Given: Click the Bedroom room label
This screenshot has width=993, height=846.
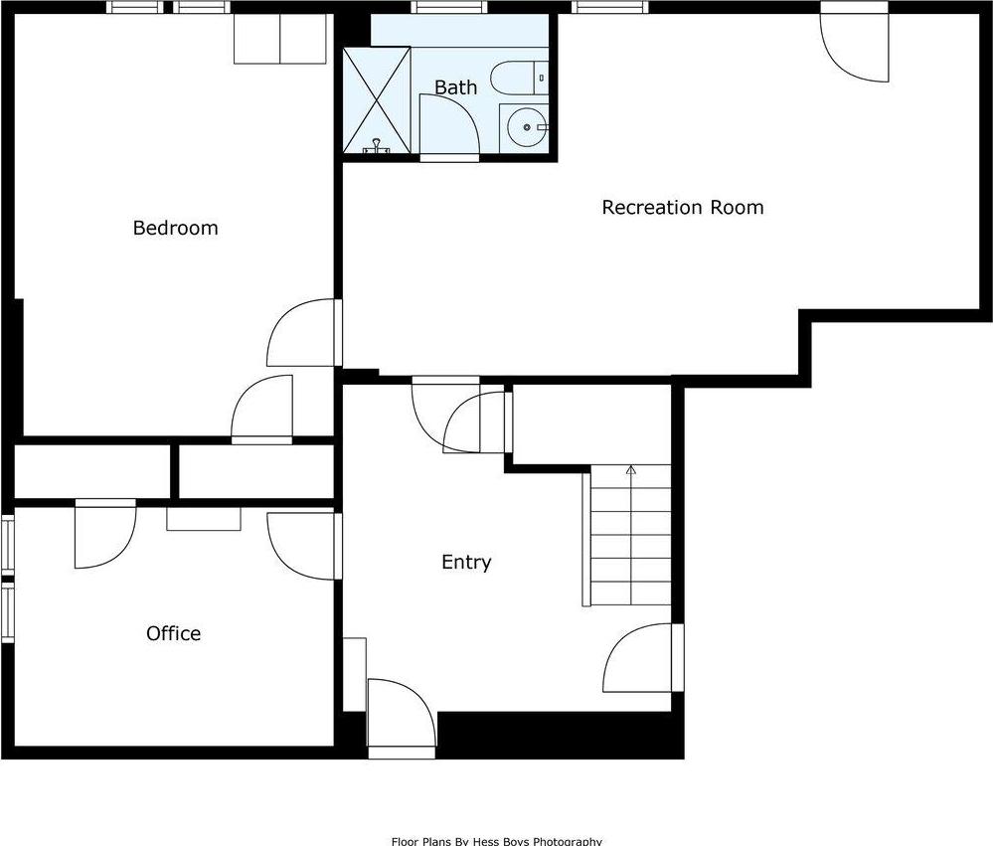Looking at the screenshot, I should click(175, 228).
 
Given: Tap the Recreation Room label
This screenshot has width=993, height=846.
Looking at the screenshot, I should click(683, 207).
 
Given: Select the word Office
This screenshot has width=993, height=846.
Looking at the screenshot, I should click(173, 633).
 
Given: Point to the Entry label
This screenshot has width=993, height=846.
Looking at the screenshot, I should click(466, 562).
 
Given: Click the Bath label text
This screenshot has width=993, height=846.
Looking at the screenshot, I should click(455, 87).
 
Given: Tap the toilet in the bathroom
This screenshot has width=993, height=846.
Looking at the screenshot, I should click(519, 76).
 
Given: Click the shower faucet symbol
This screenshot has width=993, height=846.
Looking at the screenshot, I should click(377, 147).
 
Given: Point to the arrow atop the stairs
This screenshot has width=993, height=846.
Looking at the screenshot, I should click(630, 469).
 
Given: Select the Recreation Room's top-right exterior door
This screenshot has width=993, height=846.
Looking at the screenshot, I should click(854, 45).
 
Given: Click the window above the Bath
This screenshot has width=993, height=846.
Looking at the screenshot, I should click(443, 8).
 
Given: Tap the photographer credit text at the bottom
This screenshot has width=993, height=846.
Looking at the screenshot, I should click(496, 840).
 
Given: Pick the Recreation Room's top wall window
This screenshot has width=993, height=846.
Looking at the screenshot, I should click(609, 8).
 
